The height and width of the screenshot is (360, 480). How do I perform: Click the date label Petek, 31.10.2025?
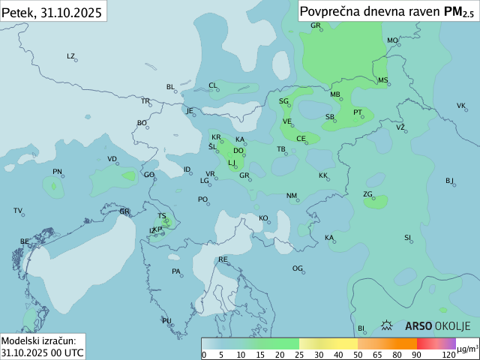52,11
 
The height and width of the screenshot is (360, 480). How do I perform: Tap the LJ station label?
232,162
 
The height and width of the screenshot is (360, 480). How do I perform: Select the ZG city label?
367,194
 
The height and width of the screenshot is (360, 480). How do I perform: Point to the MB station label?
335,94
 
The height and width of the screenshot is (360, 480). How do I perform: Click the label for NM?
292,196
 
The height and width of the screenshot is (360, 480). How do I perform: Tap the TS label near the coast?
162,216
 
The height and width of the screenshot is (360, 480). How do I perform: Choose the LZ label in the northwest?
71,56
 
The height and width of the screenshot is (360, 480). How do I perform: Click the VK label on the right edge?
461,106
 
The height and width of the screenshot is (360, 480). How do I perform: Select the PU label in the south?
166,321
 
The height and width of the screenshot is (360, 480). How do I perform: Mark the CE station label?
301,139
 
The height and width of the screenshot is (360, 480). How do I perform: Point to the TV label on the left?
18,211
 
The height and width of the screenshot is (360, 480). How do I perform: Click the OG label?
298,268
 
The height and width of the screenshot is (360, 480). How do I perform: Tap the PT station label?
358,112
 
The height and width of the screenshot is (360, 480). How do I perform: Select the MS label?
382,80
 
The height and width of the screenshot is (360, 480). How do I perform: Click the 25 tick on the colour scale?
298,355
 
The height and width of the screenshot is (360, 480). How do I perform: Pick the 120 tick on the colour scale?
448,355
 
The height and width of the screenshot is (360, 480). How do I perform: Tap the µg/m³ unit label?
468,349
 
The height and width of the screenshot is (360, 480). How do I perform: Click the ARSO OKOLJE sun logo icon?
388,325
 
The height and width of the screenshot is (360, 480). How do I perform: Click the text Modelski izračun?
37,340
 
